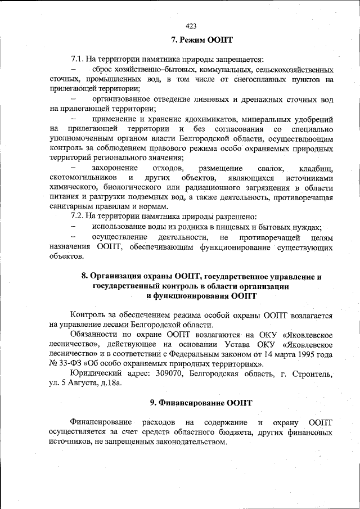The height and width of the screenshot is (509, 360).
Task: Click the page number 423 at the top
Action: click(x=191, y=26)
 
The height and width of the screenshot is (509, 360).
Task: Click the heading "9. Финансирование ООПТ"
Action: click(x=201, y=403)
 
